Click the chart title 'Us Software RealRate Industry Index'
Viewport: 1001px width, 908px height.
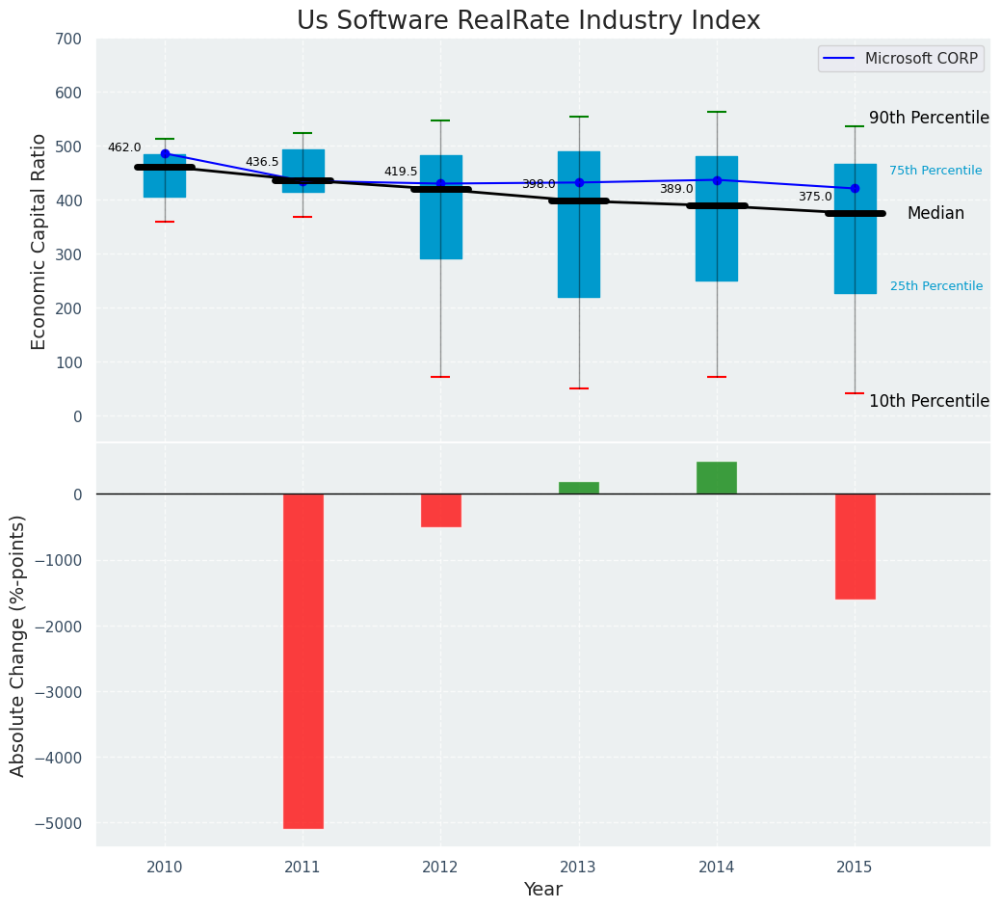pyautogui.click(x=528, y=21)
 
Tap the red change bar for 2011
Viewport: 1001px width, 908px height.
pyautogui.click(x=303, y=660)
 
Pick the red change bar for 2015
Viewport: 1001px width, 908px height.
pyautogui.click(x=856, y=547)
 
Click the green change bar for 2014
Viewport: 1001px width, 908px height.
pyautogui.click(x=717, y=478)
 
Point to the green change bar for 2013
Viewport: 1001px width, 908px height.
pyautogui.click(x=579, y=488)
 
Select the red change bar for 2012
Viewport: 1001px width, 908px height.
pyautogui.click(x=441, y=510)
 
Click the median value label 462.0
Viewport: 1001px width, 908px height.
pyautogui.click(x=124, y=147)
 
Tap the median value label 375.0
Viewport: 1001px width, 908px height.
pyautogui.click(x=815, y=197)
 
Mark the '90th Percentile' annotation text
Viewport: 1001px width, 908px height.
pyautogui.click(x=929, y=118)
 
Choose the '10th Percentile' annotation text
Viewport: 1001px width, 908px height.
pyautogui.click(x=929, y=401)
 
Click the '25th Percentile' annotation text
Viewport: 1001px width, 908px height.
pyautogui.click(x=935, y=286)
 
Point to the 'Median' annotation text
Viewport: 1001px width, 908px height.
pyautogui.click(x=935, y=214)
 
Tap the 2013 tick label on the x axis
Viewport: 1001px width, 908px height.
pyautogui.click(x=578, y=868)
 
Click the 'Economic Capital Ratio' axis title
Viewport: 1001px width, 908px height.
pyautogui.click(x=40, y=241)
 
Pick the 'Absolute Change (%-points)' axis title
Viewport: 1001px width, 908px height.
pyautogui.click(x=18, y=645)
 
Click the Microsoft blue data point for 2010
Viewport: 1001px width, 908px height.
pyautogui.click(x=165, y=154)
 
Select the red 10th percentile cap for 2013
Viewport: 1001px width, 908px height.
pyautogui.click(x=579, y=388)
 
